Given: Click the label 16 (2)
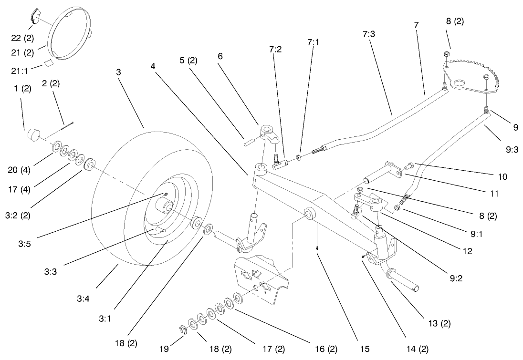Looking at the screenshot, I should tap(326, 349).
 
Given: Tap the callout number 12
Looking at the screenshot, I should tap(468, 251).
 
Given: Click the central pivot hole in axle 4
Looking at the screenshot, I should tap(308, 213).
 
